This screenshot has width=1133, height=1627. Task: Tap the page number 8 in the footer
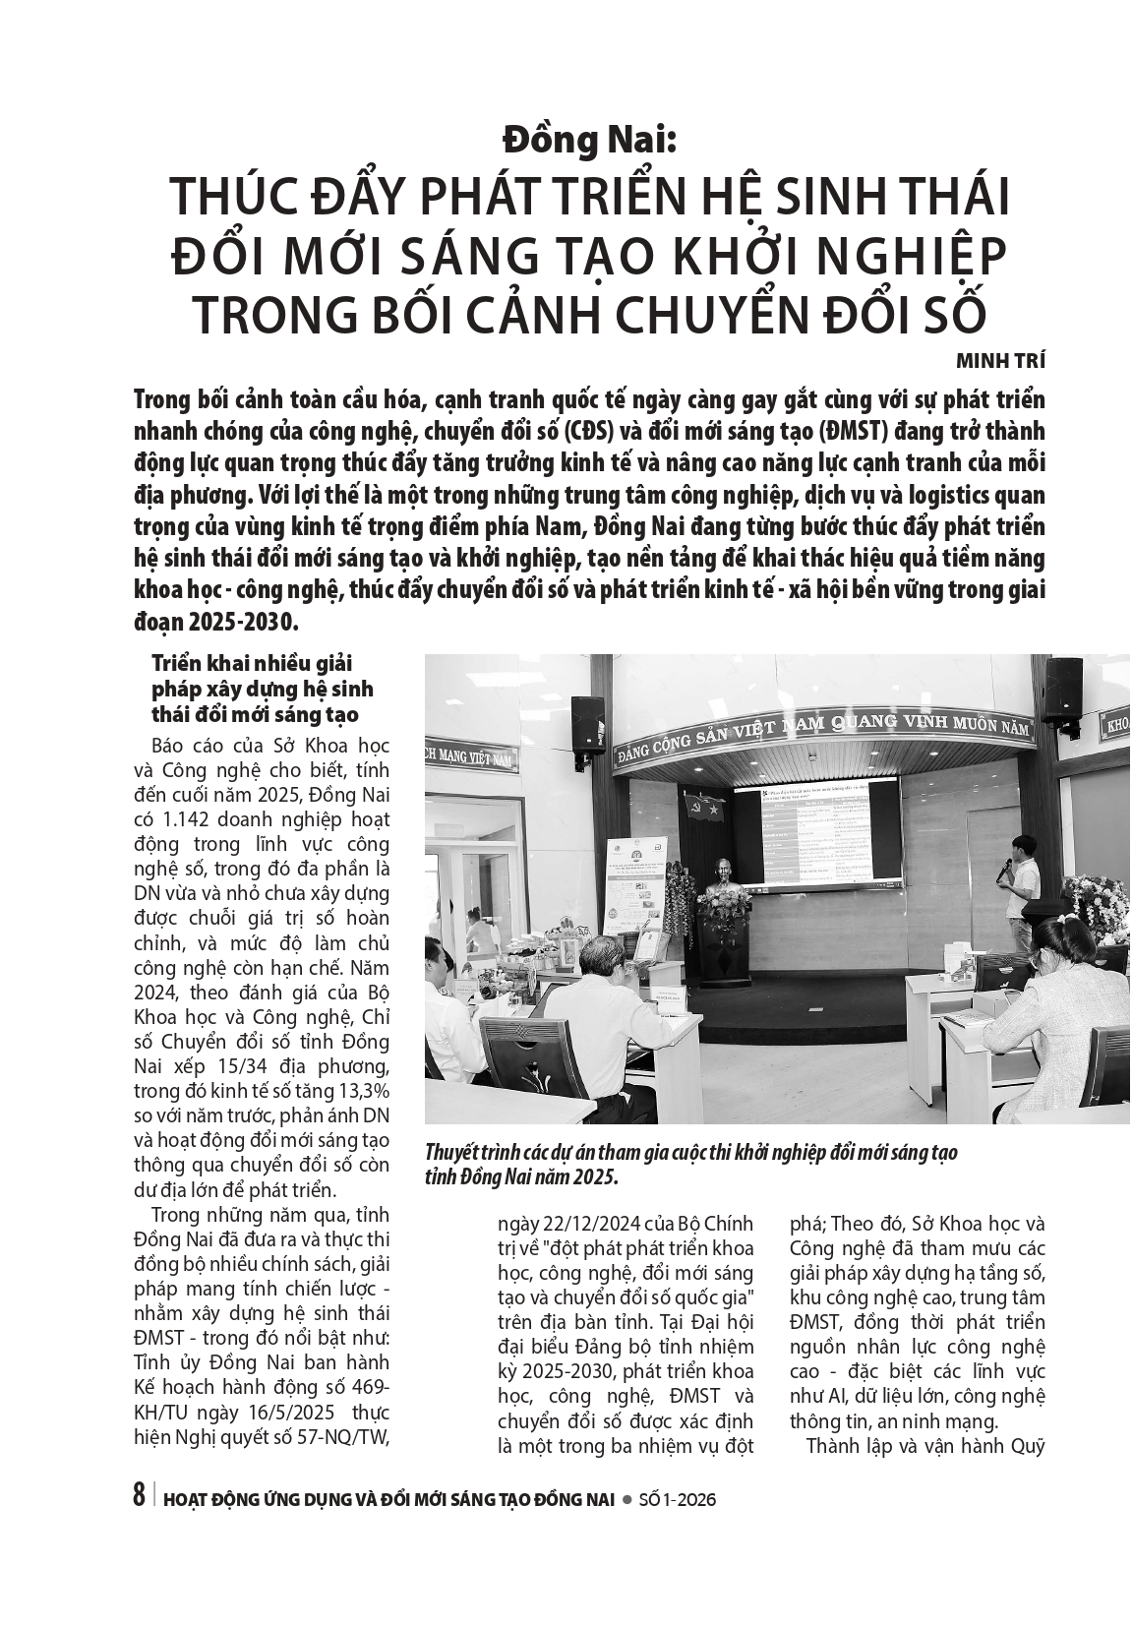139,1498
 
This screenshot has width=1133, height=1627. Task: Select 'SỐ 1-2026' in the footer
677,1500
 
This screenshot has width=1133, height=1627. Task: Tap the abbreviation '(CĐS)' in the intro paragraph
592,433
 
